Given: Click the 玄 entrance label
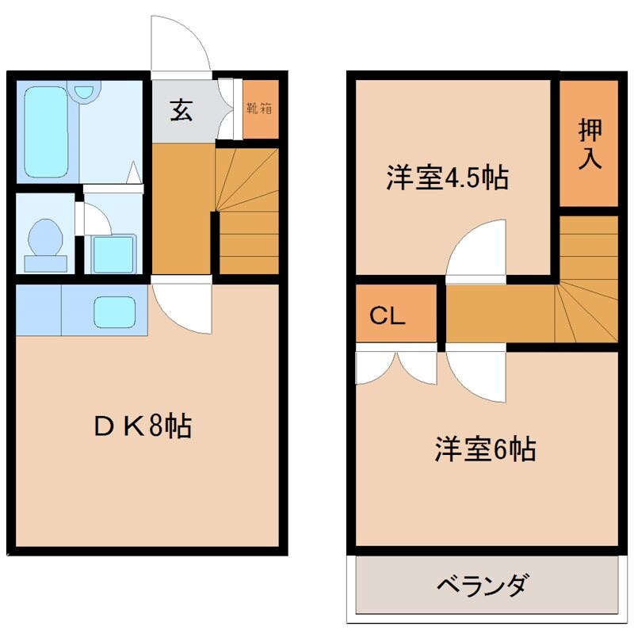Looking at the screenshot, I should pyautogui.click(x=181, y=110).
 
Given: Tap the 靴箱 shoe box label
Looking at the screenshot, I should pyautogui.click(x=259, y=109).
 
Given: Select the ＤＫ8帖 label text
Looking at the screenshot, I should pyautogui.click(x=143, y=427).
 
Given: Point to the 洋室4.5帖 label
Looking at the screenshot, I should pyautogui.click(x=447, y=178).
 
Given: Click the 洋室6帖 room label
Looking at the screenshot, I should pyautogui.click(x=484, y=449).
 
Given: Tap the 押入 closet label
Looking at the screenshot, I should pyautogui.click(x=590, y=143).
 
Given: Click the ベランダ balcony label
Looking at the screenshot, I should pyautogui.click(x=482, y=587).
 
